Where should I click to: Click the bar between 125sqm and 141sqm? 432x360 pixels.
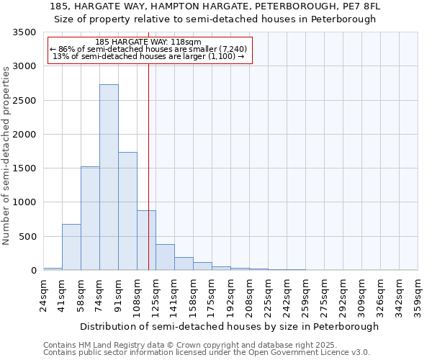tap(165, 257)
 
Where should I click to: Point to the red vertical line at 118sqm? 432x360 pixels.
tap(148, 158)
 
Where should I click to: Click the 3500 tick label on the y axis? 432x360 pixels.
tap(24, 33)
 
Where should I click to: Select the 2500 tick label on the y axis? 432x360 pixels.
tap(24, 101)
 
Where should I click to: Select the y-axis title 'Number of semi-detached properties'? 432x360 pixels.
tap(7, 156)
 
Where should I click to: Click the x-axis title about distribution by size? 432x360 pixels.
tap(229, 326)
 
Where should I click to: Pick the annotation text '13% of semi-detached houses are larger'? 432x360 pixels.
tap(150, 56)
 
